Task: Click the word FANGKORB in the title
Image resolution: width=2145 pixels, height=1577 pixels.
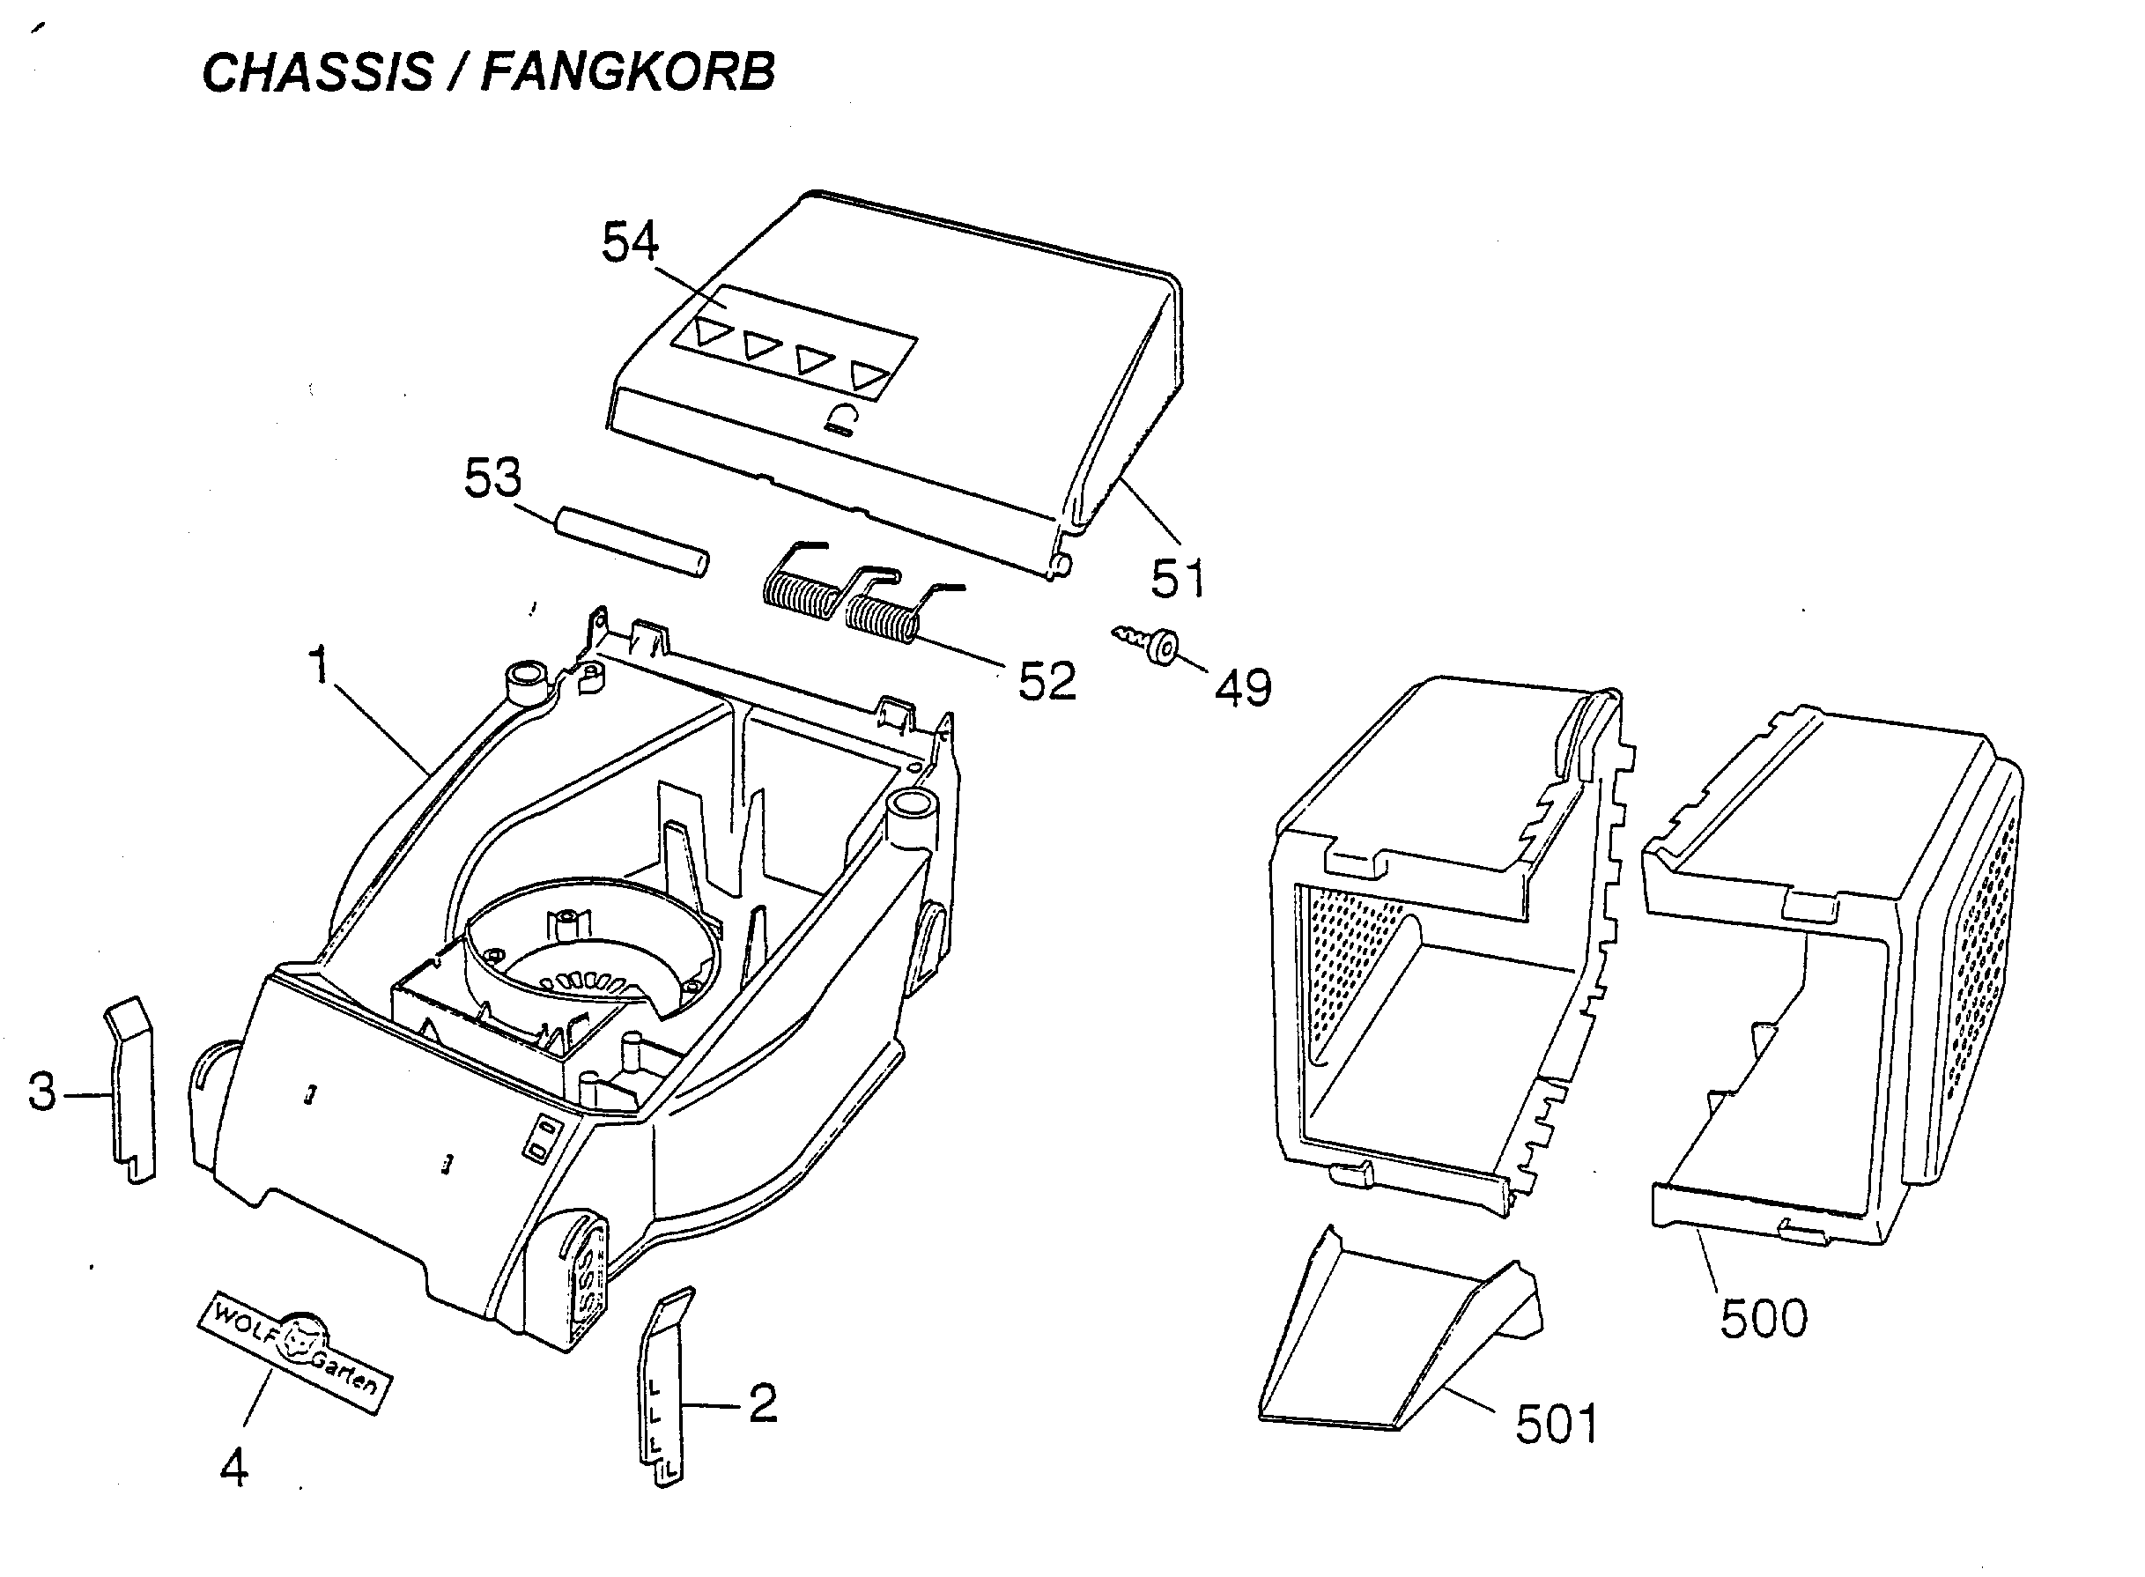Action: click(x=627, y=71)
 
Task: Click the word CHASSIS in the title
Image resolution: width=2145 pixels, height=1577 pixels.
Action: click(x=318, y=71)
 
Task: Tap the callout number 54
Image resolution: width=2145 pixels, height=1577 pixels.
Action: click(x=629, y=241)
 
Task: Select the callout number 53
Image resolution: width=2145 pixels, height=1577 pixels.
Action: click(x=492, y=478)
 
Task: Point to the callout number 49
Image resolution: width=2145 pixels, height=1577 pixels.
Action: click(x=1243, y=687)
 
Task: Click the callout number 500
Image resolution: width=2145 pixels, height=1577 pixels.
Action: click(x=1764, y=1318)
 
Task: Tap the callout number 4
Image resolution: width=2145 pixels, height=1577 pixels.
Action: click(x=233, y=1467)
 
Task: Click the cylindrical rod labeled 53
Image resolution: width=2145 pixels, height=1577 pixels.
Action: click(x=632, y=541)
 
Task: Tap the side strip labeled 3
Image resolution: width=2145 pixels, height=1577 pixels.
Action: click(x=130, y=1088)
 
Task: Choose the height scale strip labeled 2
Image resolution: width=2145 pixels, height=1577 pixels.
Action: click(x=664, y=1385)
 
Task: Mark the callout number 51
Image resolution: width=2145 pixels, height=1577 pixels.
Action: click(x=1178, y=578)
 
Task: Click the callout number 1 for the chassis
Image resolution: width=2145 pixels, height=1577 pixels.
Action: click(x=319, y=664)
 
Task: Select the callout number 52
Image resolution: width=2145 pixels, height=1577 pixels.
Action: click(x=1047, y=681)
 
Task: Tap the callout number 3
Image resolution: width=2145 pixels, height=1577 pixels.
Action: click(x=42, y=1091)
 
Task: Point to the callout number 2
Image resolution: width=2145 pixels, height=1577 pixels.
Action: click(x=763, y=1403)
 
